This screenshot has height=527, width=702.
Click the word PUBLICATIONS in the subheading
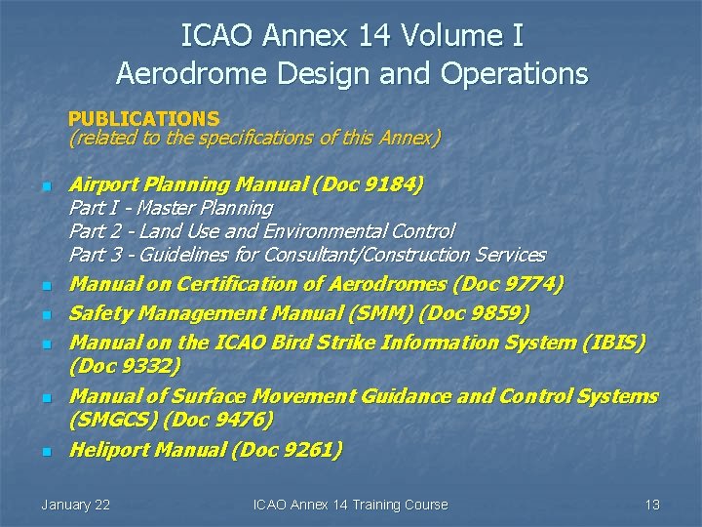click(x=143, y=119)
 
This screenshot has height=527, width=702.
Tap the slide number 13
click(x=652, y=505)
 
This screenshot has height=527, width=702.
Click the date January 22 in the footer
click(x=75, y=505)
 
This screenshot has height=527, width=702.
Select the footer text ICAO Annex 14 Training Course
click(x=350, y=505)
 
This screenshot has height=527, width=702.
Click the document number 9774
click(x=533, y=284)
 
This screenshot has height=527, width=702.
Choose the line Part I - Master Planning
click(x=171, y=208)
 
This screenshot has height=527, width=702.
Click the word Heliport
click(x=109, y=450)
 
